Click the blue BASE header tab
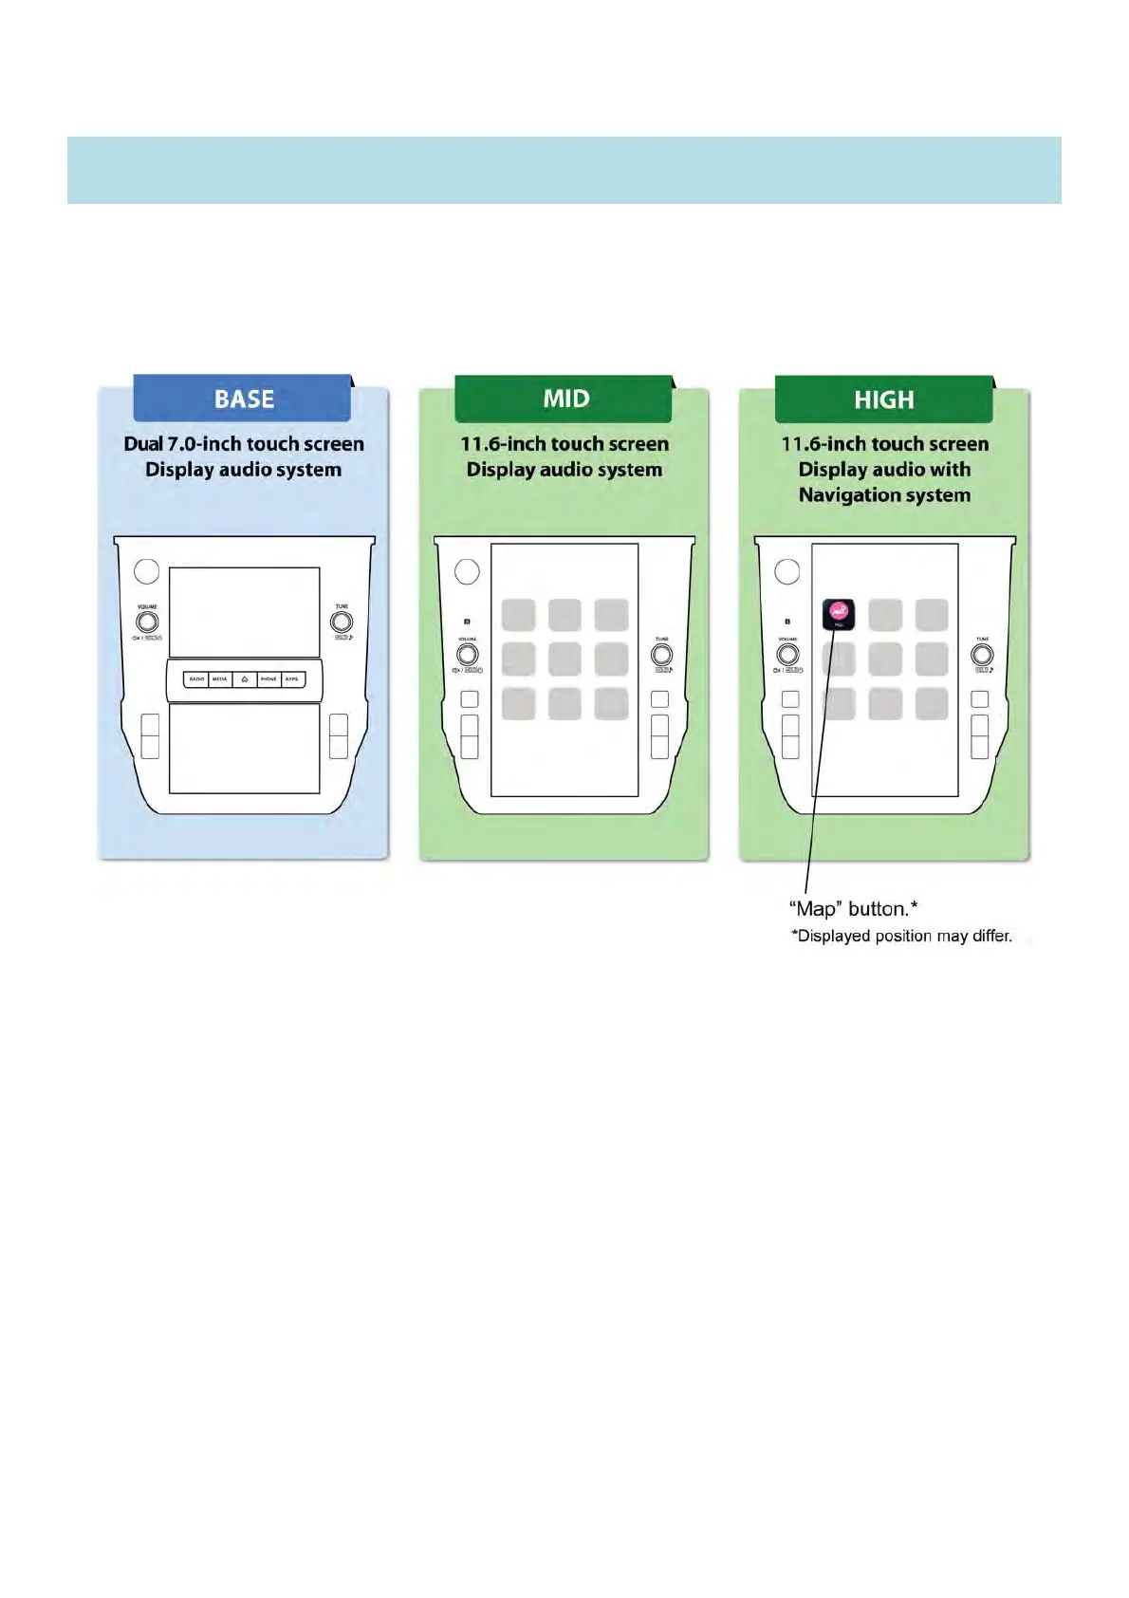(243, 399)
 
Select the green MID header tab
(564, 399)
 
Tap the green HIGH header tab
(883, 399)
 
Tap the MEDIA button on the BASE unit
(220, 679)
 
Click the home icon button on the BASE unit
(245, 679)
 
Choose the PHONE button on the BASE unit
(268, 679)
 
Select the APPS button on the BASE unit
(292, 679)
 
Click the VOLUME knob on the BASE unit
(147, 622)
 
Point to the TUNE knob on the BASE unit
(342, 622)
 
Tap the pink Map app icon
(838, 614)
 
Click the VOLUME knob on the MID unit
(468, 655)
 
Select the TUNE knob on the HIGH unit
(982, 655)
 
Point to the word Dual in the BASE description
(143, 444)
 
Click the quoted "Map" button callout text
(853, 909)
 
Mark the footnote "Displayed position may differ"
(902, 937)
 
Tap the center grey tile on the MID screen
(564, 659)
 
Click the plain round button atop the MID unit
(468, 571)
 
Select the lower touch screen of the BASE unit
(244, 748)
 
